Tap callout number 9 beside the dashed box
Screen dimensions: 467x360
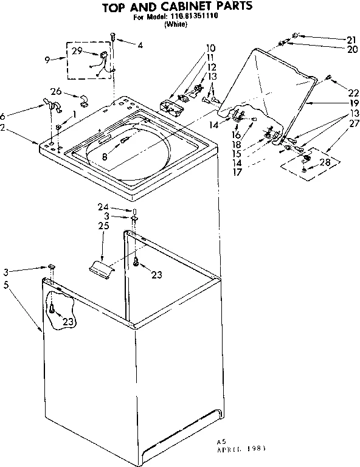(48, 59)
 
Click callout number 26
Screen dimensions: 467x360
(57, 92)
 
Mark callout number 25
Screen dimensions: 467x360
(103, 227)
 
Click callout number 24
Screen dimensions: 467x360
(103, 207)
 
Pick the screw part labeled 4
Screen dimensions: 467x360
(112, 38)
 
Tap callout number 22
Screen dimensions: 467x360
(353, 92)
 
